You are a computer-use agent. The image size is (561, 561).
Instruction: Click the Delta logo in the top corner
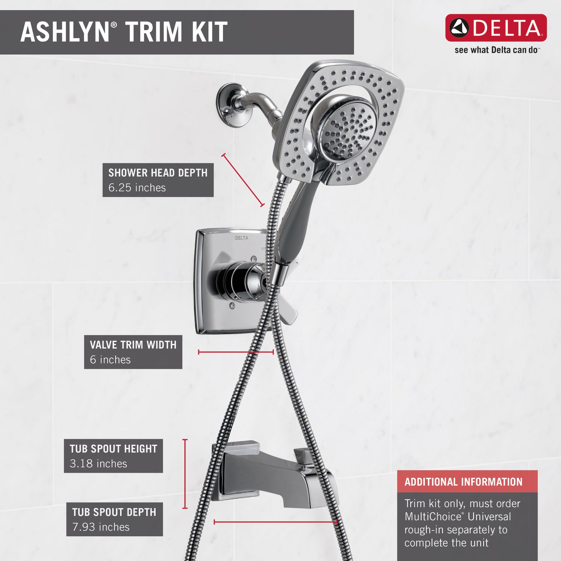[x=496, y=28]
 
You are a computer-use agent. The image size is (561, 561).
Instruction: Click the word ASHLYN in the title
[x=65, y=32]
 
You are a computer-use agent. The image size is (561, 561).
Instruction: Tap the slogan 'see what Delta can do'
[x=496, y=50]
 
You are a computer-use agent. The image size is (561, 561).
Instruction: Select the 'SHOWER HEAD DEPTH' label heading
[x=158, y=173]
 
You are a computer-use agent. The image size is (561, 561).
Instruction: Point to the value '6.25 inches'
[x=137, y=188]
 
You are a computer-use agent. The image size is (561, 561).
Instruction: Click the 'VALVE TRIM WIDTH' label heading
[x=133, y=345]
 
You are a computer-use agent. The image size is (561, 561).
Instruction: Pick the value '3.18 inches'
[x=98, y=464]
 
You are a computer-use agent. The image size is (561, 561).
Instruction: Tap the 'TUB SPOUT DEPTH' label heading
[x=114, y=512]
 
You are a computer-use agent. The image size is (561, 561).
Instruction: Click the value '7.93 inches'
[x=101, y=527]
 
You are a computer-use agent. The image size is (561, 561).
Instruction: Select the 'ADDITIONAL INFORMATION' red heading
[x=463, y=482]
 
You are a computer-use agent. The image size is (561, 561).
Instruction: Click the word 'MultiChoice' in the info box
[x=433, y=517]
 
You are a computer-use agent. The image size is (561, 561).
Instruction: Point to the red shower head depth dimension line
[x=243, y=180]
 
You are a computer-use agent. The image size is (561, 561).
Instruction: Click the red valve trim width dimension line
[x=236, y=352]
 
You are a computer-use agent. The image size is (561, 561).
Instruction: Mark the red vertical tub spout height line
[x=185, y=474]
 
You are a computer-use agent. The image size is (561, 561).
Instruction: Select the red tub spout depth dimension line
[x=276, y=522]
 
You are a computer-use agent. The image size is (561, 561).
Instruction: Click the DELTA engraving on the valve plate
[x=242, y=238]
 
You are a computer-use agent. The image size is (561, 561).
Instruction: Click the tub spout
[x=273, y=473]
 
